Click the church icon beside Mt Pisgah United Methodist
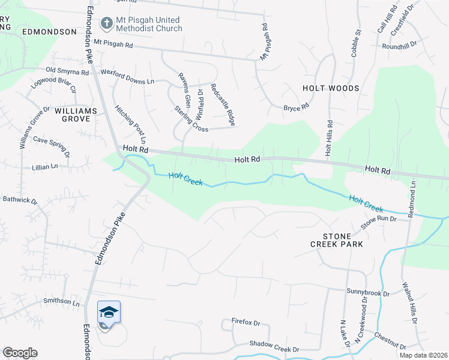tap(107, 23)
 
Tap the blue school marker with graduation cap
tap(109, 312)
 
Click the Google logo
tap(20, 353)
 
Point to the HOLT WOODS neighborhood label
tap(331, 88)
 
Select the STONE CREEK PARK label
tap(337, 240)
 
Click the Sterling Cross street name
tap(191, 118)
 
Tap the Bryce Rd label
tap(296, 107)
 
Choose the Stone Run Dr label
tap(378, 223)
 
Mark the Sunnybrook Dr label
tap(368, 292)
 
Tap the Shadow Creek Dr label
tap(274, 349)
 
